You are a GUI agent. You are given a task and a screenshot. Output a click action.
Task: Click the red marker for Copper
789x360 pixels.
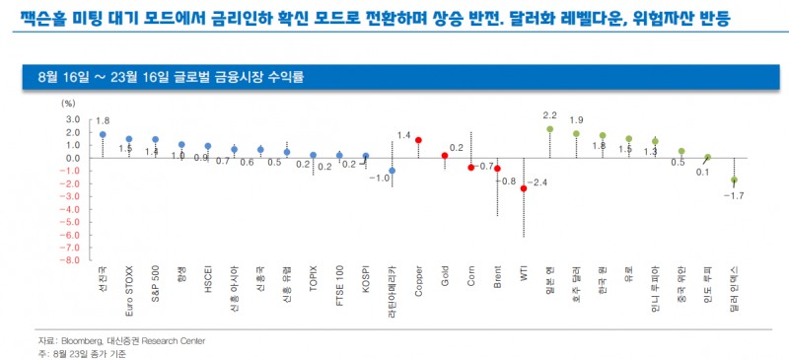pyautogui.click(x=418, y=140)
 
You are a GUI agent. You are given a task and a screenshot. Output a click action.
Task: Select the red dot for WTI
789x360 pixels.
pyautogui.click(x=524, y=188)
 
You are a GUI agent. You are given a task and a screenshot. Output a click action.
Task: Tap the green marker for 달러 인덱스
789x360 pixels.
pyautogui.click(x=734, y=180)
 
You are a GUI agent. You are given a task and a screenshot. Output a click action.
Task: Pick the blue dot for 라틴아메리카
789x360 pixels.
pyautogui.click(x=392, y=171)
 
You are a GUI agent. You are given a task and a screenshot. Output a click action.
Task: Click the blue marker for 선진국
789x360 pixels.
pyautogui.click(x=103, y=134)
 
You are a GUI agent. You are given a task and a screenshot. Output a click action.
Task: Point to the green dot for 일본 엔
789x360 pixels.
pyautogui.click(x=549, y=129)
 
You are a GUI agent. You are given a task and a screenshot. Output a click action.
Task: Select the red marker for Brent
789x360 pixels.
pyautogui.click(x=497, y=169)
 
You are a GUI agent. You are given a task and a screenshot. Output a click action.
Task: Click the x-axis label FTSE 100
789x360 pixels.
pyautogui.click(x=339, y=286)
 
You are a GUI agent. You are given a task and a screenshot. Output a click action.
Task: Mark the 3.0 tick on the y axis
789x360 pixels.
pyautogui.click(x=72, y=118)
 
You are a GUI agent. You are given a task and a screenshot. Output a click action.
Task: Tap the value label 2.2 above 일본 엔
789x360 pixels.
pyautogui.click(x=550, y=115)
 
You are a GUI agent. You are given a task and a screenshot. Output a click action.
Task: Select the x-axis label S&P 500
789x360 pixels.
pyautogui.click(x=156, y=286)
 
